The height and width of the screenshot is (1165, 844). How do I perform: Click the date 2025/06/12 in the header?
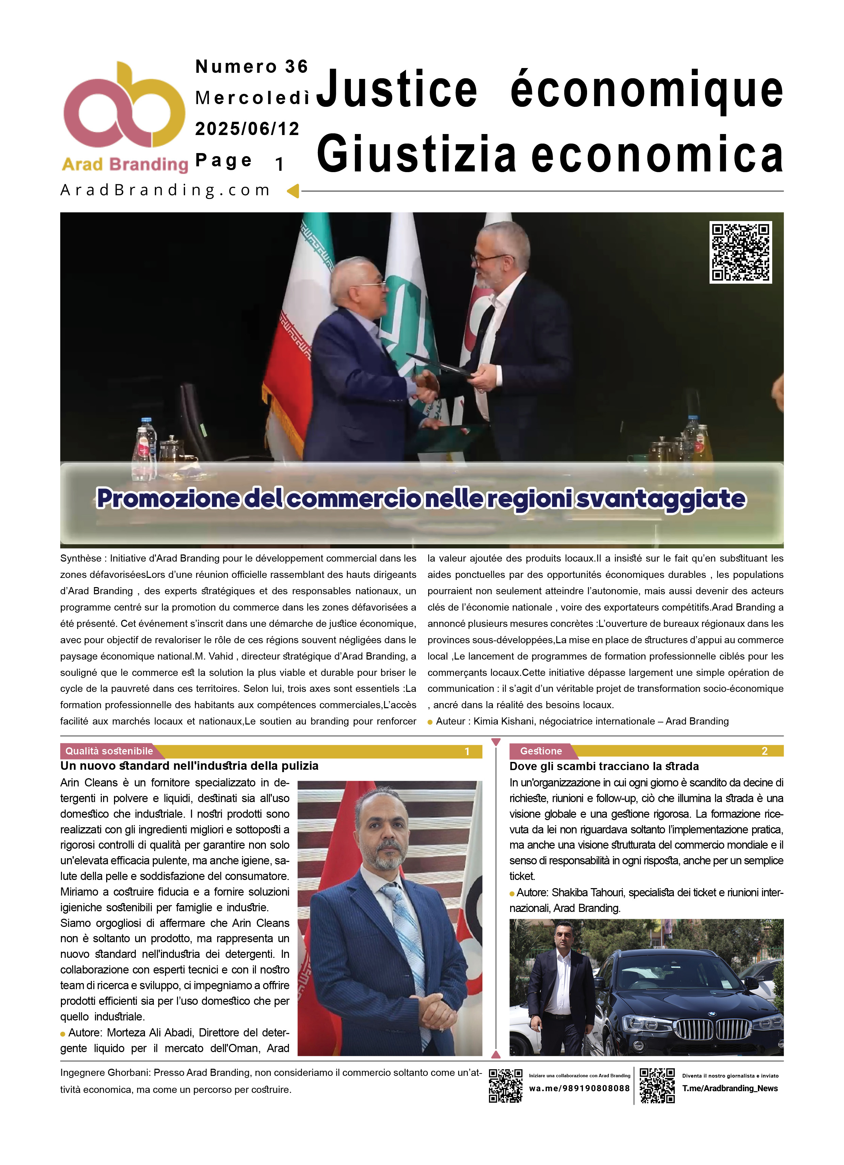247,129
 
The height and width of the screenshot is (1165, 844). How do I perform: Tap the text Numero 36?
251,66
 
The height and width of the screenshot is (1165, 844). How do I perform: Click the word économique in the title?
646,90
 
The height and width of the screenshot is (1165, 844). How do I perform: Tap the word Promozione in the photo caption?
168,498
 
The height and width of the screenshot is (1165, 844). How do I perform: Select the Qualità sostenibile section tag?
109,751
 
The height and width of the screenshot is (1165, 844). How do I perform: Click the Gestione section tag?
541,751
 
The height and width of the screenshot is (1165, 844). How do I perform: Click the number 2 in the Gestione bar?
764,751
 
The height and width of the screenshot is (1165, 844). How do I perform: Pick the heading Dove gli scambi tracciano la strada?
604,766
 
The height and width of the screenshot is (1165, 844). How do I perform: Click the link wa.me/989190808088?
579,1088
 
